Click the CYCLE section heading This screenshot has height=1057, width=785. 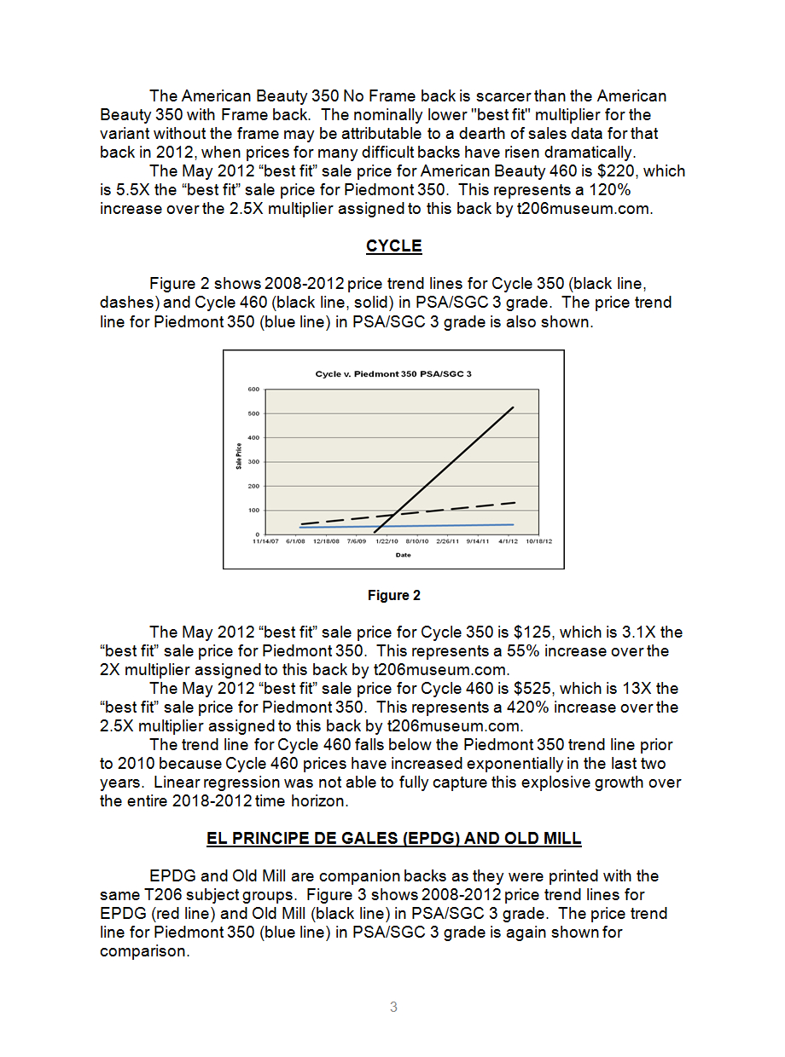(x=393, y=246)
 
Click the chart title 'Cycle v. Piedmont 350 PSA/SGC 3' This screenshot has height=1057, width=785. (x=393, y=373)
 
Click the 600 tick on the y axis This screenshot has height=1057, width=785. (x=253, y=390)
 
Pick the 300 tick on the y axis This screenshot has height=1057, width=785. (x=253, y=462)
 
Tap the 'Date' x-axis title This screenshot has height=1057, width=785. (x=403, y=555)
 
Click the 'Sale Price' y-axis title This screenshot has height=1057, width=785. (x=239, y=456)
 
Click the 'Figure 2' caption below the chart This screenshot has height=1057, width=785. (x=393, y=596)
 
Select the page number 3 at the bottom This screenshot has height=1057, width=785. (x=393, y=1008)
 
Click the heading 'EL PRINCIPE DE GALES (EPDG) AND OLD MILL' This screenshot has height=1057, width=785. (x=393, y=839)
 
